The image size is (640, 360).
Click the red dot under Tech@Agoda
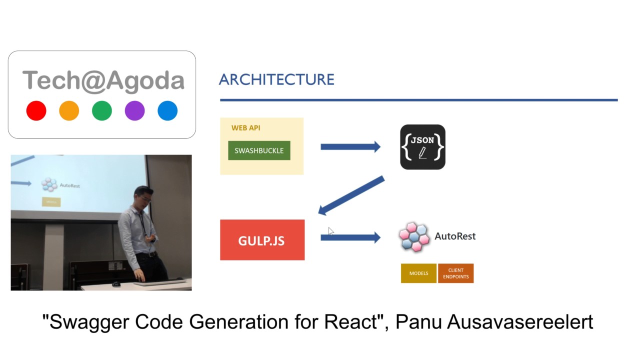pos(36,110)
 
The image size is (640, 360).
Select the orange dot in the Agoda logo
pos(69,110)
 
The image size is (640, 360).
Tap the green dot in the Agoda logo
pos(102,110)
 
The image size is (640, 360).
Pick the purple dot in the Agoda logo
pos(134,110)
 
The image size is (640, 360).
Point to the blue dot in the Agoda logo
pos(167,110)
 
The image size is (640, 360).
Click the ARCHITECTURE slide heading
pos(276,79)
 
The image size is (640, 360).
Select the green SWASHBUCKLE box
pos(259,150)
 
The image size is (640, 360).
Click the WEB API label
pos(245,128)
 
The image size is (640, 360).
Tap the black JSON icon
pos(422,147)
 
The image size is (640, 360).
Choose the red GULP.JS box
pos(262,240)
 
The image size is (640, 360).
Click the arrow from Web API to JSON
pos(350,146)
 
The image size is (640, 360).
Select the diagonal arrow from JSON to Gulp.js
pos(351,195)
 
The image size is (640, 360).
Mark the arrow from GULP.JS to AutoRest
pos(350,237)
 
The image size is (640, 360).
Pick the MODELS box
pos(418,273)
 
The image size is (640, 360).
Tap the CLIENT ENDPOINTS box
pos(455,273)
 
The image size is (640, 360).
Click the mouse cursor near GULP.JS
pos(330,231)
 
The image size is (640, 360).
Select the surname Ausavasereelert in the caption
pos(519,321)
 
